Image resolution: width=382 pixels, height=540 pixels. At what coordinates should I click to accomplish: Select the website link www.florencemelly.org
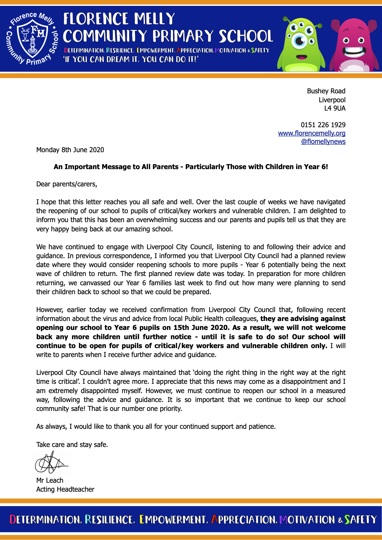(311, 133)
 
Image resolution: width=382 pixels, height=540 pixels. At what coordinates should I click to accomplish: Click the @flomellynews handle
(323, 141)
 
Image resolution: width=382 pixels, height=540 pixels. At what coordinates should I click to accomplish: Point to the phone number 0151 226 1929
(323, 125)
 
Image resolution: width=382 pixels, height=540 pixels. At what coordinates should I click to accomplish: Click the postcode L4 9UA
(335, 108)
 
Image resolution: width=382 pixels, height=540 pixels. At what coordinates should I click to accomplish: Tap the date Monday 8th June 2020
(70, 150)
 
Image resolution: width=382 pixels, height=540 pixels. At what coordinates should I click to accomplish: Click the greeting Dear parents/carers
(67, 184)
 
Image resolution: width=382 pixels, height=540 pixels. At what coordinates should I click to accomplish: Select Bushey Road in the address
(326, 91)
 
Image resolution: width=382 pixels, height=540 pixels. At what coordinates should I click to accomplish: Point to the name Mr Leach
(50, 480)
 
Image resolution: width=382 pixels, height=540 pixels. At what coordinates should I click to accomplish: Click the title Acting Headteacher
(65, 489)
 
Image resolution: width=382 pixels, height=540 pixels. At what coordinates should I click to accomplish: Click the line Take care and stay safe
(72, 445)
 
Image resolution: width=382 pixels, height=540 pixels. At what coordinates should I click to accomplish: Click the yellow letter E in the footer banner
(142, 519)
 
